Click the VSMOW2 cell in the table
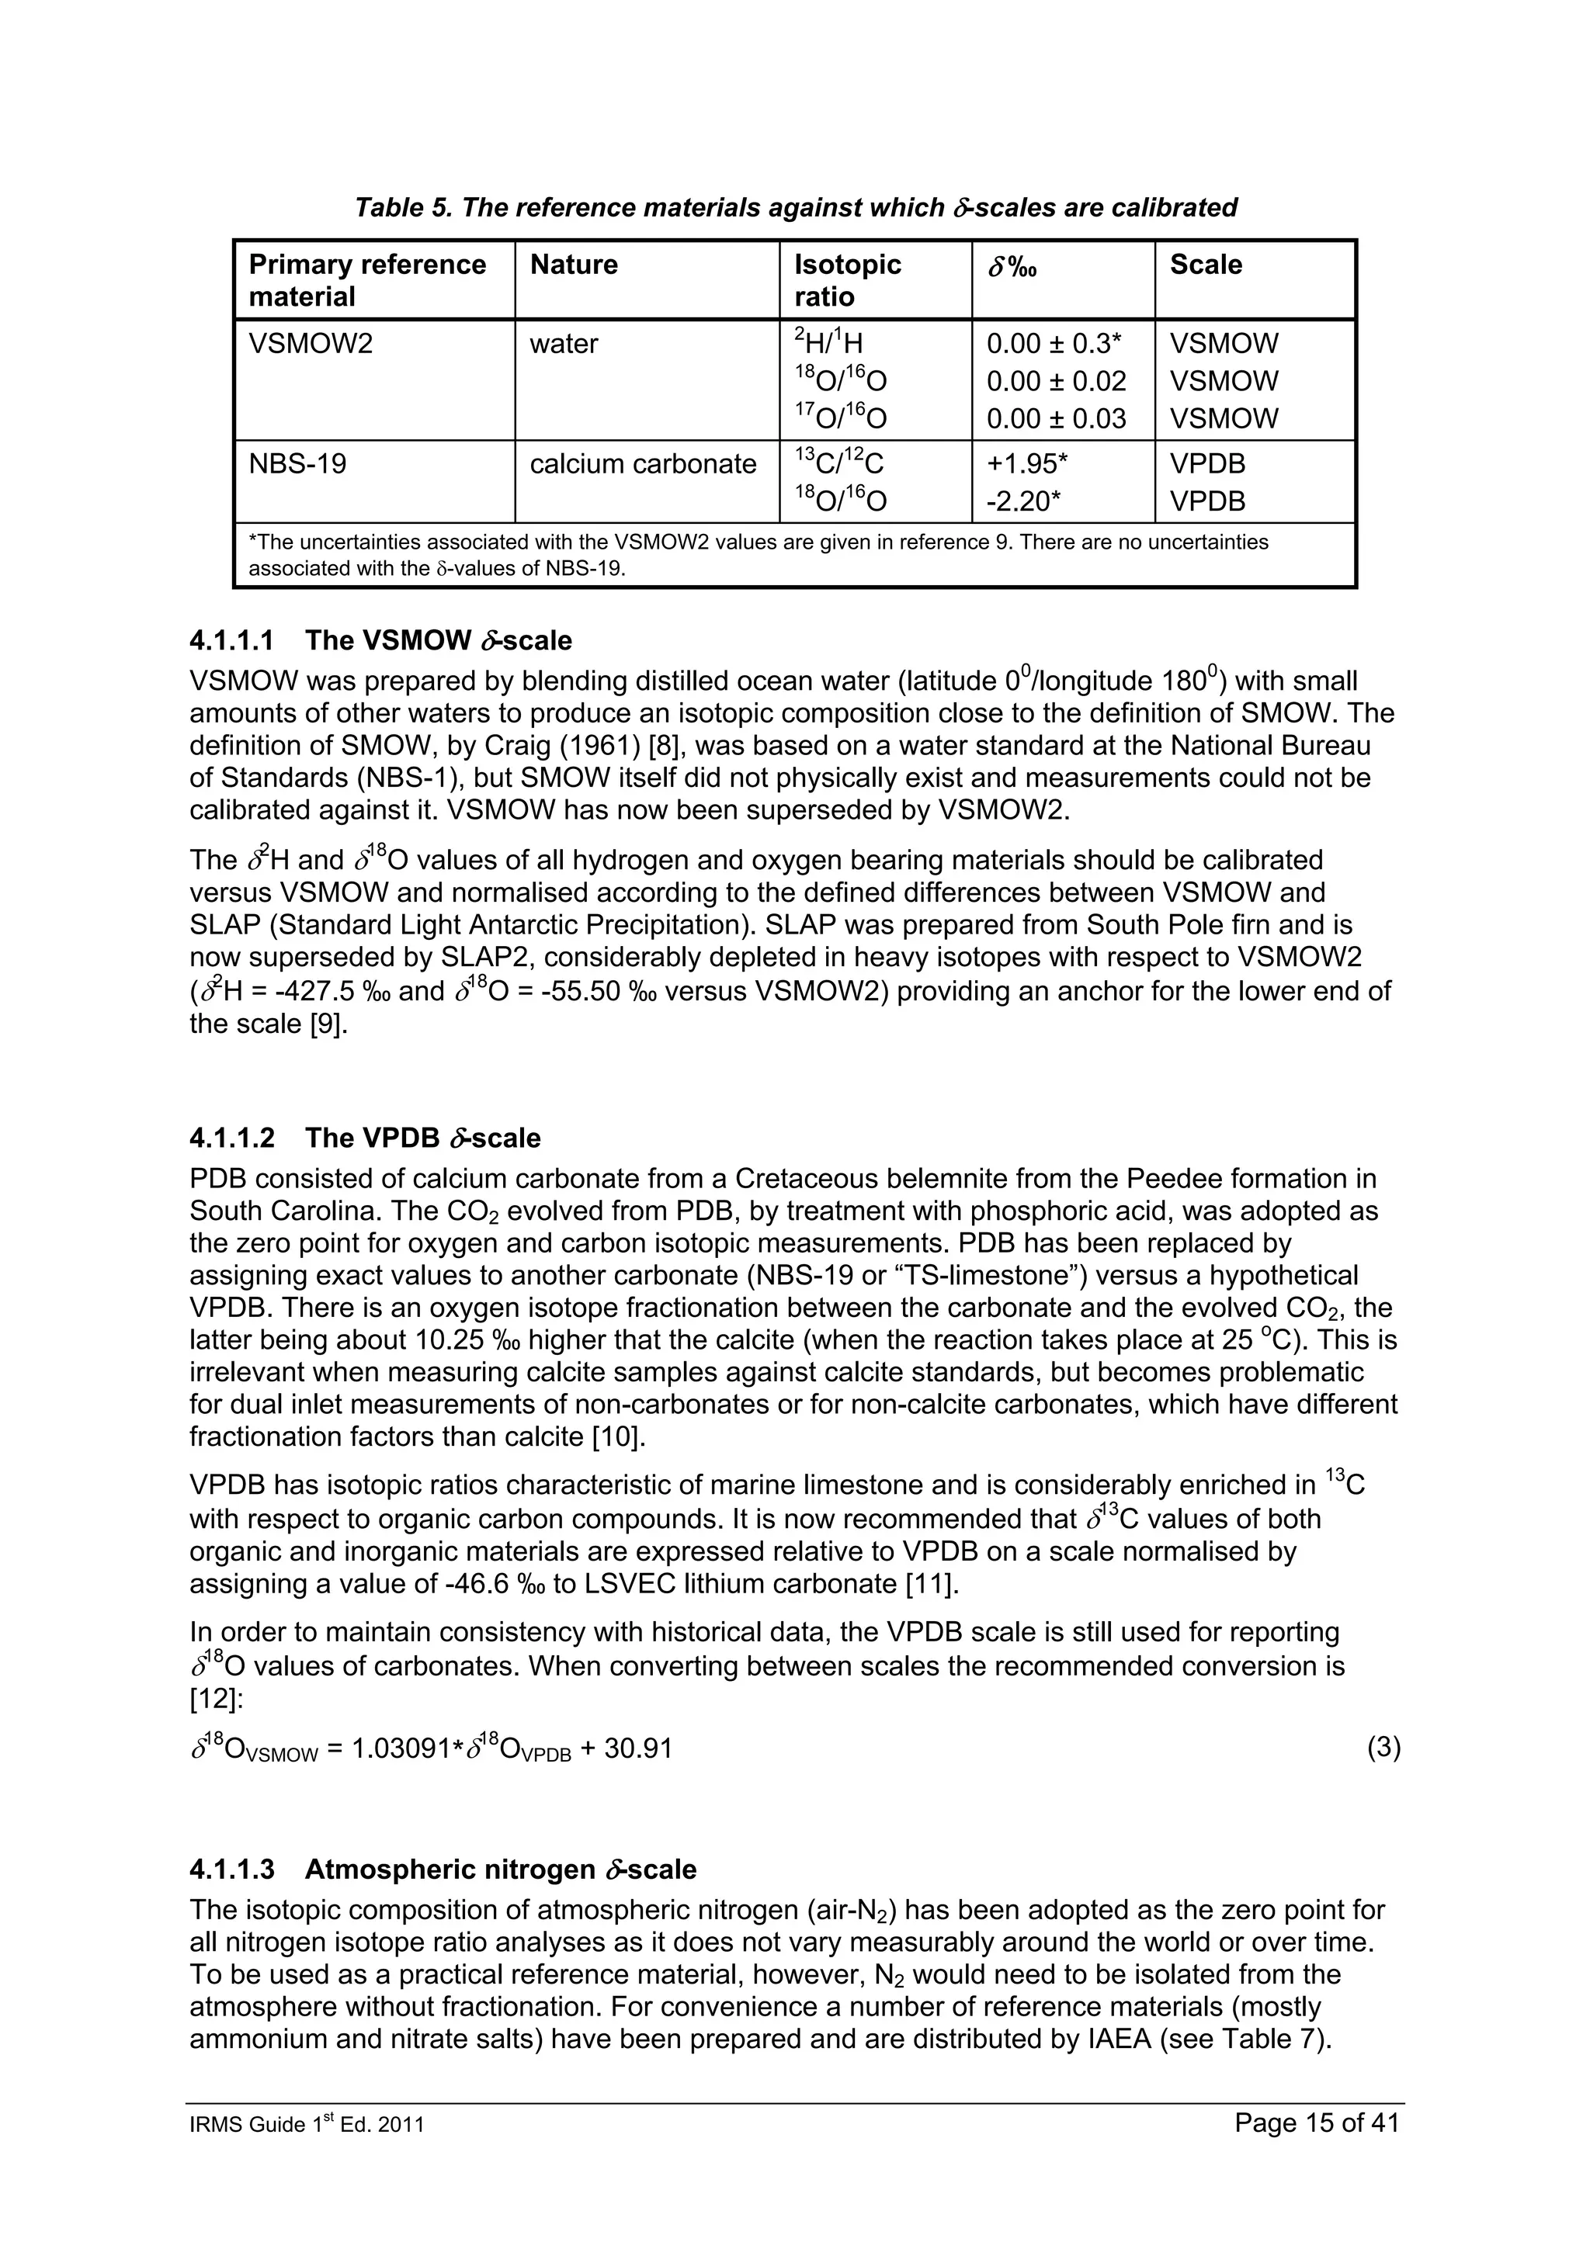(x=311, y=344)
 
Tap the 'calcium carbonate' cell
(x=643, y=463)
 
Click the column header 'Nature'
(x=573, y=265)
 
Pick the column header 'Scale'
(x=1205, y=265)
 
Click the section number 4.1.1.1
(x=232, y=640)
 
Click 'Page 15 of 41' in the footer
(x=1317, y=2150)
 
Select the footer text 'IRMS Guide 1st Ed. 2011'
(x=307, y=2152)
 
